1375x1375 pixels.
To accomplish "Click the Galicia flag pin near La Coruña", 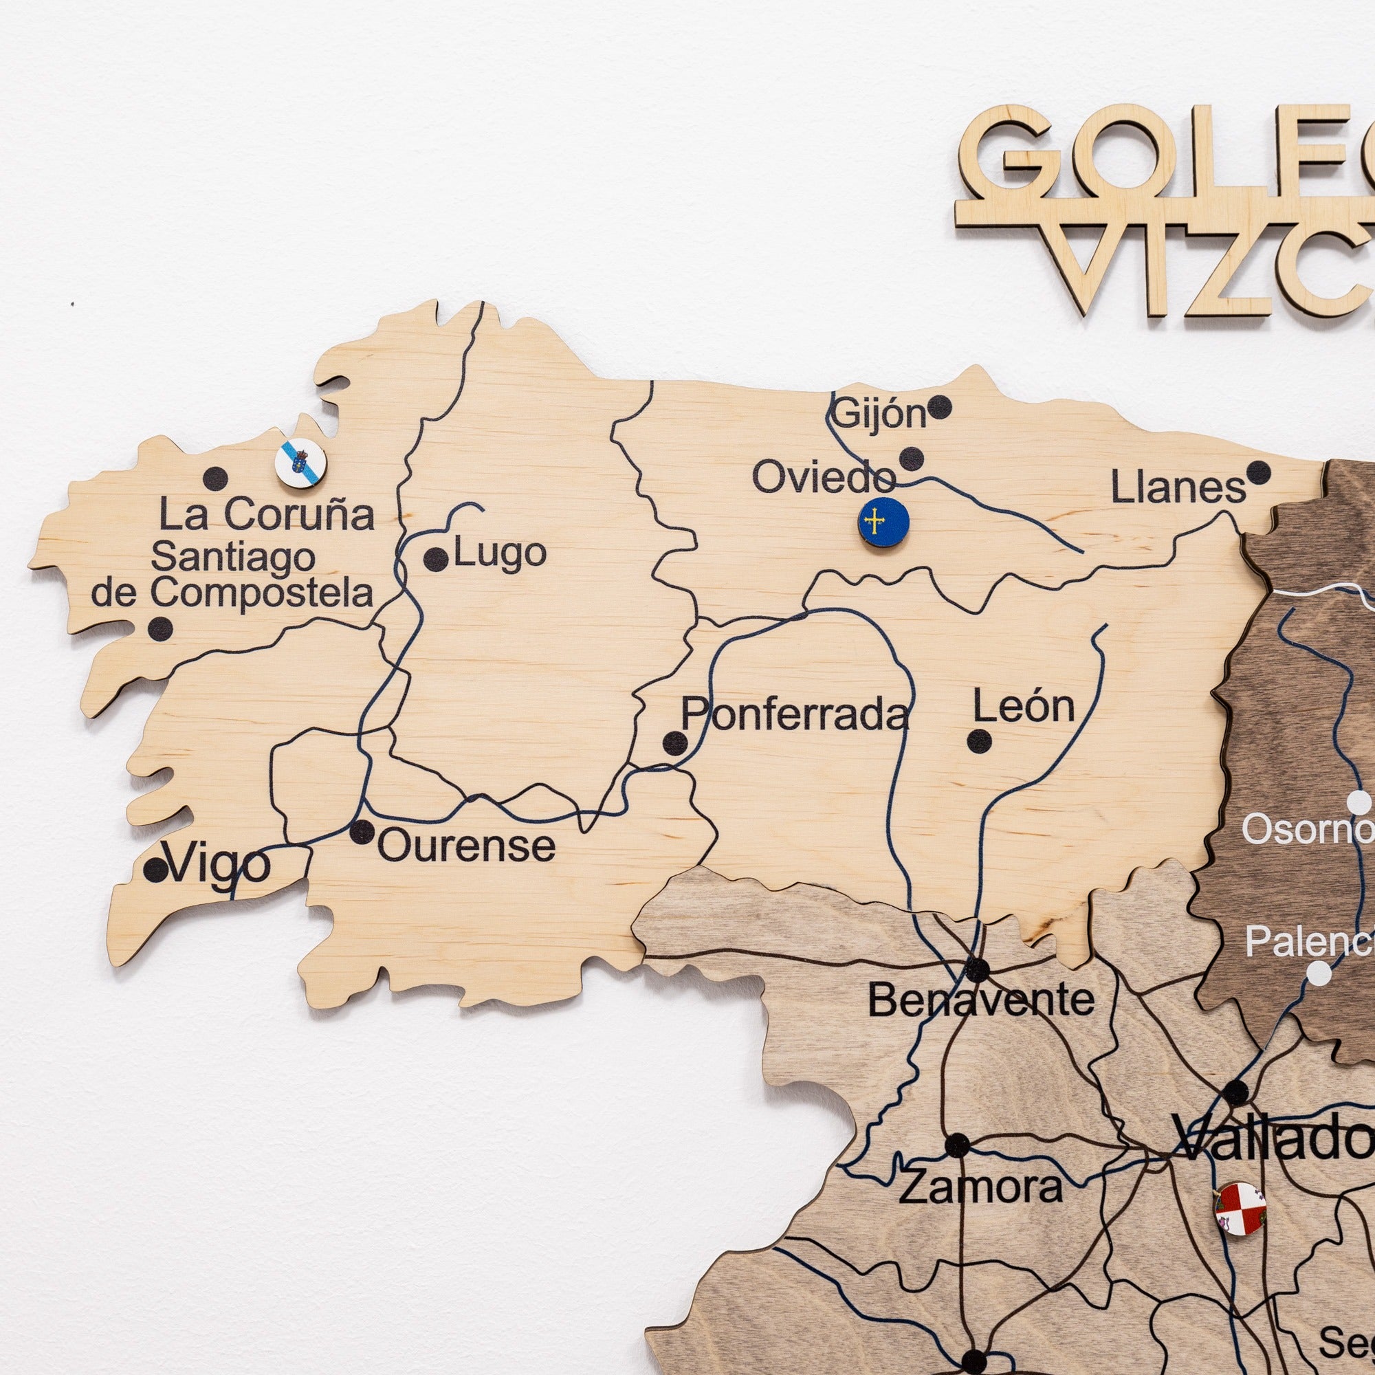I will tap(300, 463).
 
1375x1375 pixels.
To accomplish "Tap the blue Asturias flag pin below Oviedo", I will tap(883, 523).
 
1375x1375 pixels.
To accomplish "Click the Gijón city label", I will tap(879, 413).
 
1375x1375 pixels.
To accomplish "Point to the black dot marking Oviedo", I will tap(911, 459).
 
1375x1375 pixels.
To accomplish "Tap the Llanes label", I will tap(1178, 488).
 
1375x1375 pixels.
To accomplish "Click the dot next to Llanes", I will tap(1258, 472).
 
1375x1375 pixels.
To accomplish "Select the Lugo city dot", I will tap(436, 560).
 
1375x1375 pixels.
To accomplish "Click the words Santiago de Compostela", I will tap(233, 575).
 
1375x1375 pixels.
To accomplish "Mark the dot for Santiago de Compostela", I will tap(160, 628).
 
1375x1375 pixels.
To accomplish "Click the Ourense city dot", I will tap(362, 831).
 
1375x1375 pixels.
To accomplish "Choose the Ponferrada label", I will tap(795, 714).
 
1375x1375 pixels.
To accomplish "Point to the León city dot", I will tap(979, 741).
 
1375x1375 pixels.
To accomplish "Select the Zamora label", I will tap(980, 1187).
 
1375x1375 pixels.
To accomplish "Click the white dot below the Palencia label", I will tap(1319, 973).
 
